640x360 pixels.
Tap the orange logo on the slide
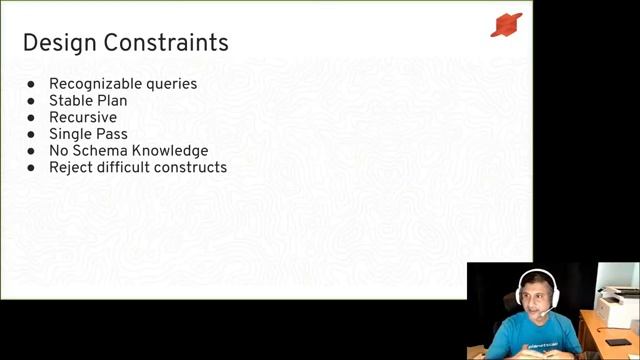pos(506,25)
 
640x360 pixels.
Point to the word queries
pos(172,85)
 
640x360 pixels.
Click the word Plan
pos(112,101)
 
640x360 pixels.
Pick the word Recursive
pos(83,117)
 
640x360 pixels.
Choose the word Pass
pos(112,134)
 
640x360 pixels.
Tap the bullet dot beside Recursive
pos(32,118)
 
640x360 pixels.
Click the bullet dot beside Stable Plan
pos(32,101)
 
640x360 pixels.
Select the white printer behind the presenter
pos(617,306)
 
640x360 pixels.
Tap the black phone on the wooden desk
pos(618,342)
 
